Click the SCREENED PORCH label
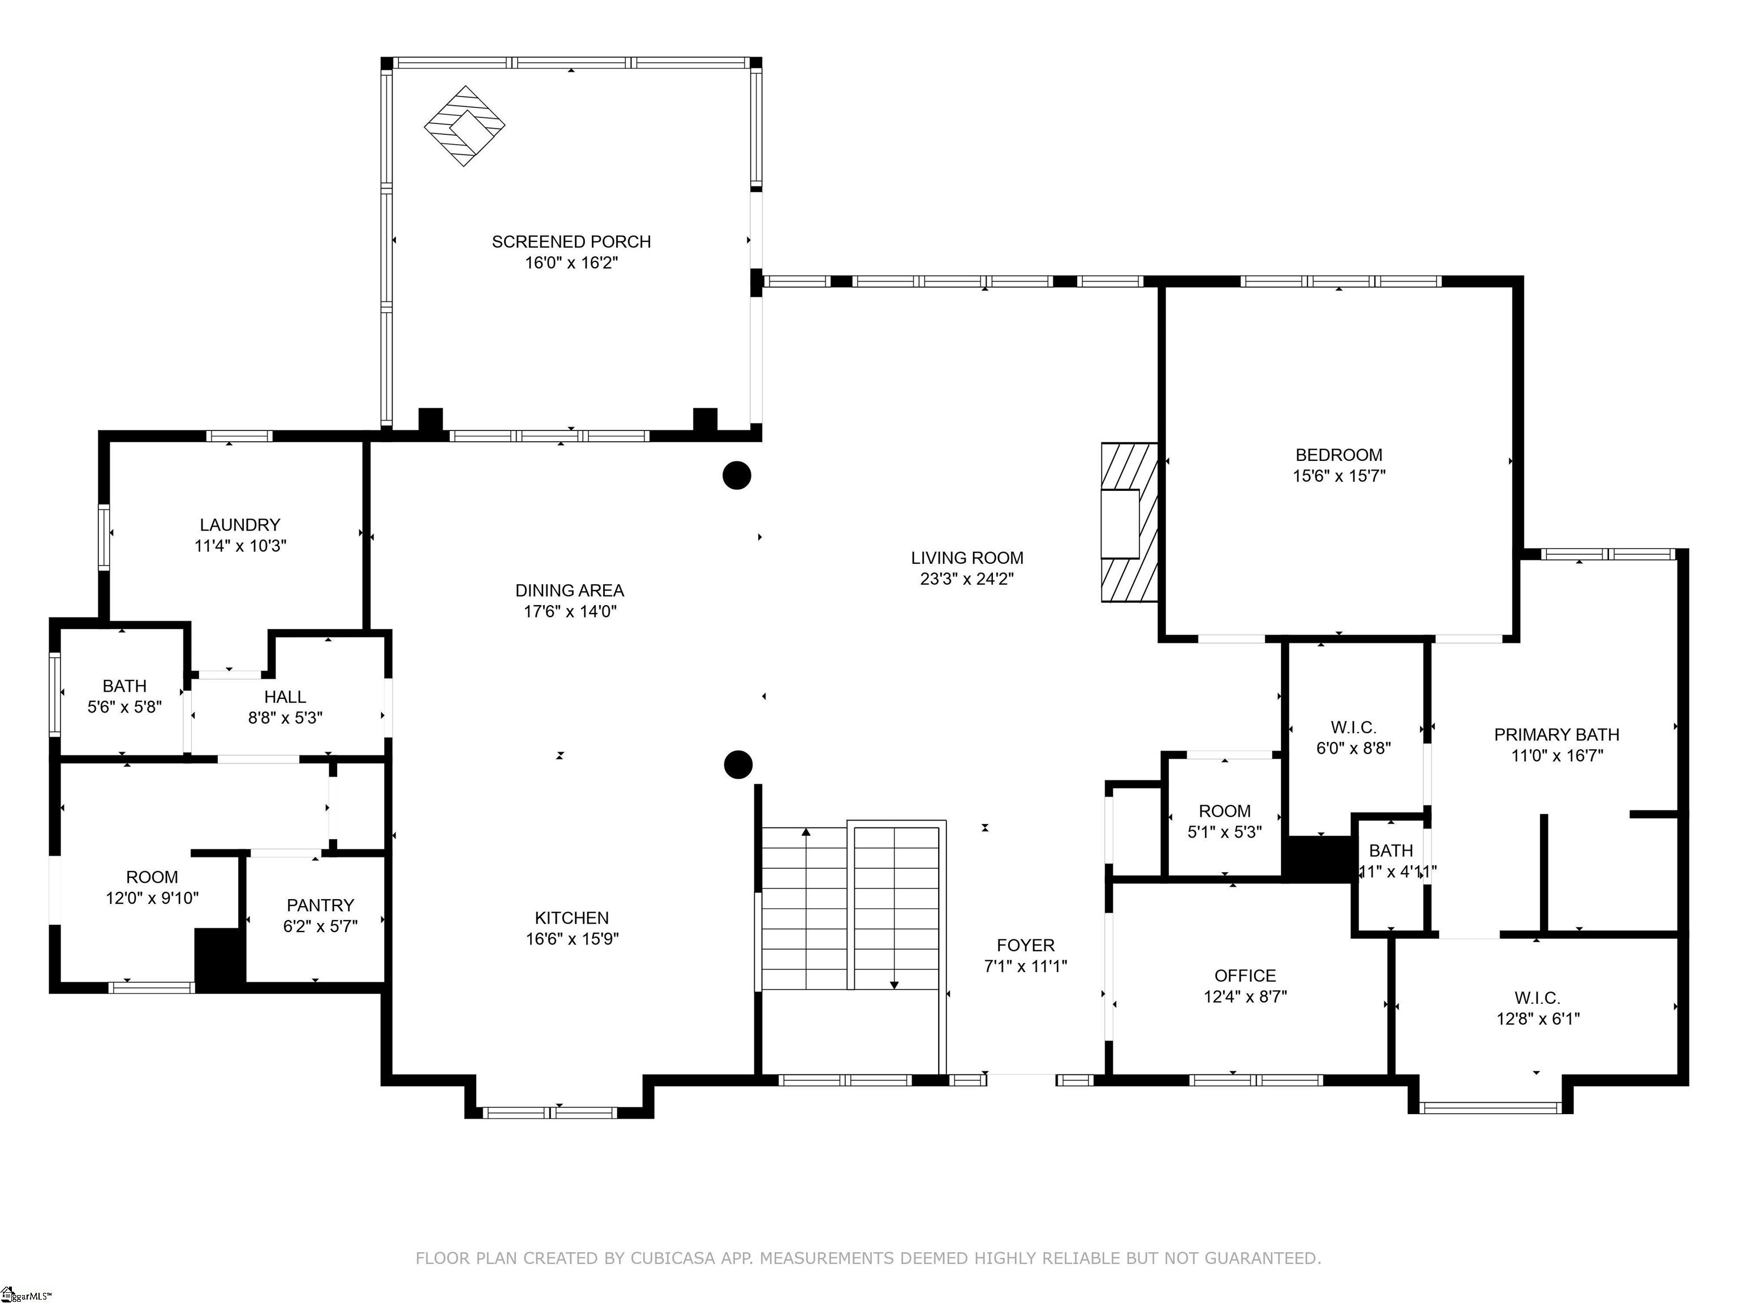[571, 242]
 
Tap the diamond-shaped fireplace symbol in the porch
[464, 126]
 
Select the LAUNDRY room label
[240, 525]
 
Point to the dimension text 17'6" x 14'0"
[570, 611]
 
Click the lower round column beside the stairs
[738, 764]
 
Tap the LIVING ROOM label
[967, 558]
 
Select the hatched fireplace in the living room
[1129, 523]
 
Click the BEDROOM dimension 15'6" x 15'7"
[1339, 475]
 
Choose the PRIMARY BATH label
[1556, 735]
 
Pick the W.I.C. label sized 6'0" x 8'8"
[1353, 728]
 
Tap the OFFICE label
[1245, 976]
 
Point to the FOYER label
[1025, 945]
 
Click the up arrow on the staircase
[806, 832]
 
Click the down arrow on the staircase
[894, 984]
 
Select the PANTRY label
[320, 905]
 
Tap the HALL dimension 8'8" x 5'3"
[285, 717]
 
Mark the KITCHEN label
[571, 917]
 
